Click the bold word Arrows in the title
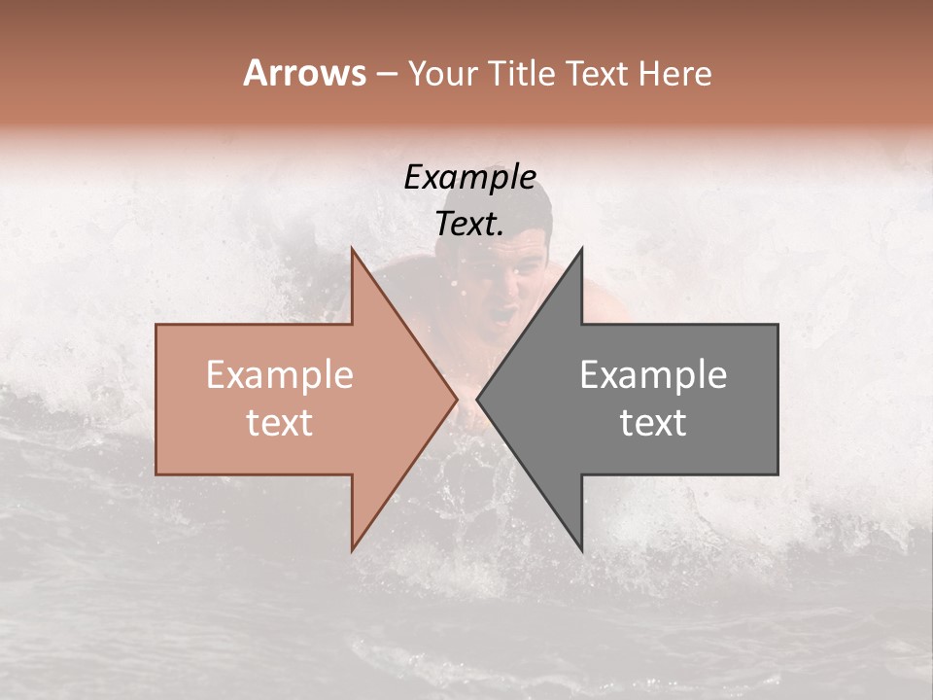point(304,73)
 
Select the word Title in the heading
point(524,73)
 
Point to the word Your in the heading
point(443,73)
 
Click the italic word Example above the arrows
point(470,177)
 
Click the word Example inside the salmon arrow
point(280,375)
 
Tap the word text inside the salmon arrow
point(280,423)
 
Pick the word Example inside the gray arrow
point(653,375)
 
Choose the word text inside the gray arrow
point(653,423)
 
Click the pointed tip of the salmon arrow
point(456,399)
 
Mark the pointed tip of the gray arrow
point(477,399)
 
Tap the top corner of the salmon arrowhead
point(353,249)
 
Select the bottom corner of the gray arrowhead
point(581,549)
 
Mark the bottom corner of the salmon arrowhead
point(353,549)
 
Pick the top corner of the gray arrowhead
point(581,249)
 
